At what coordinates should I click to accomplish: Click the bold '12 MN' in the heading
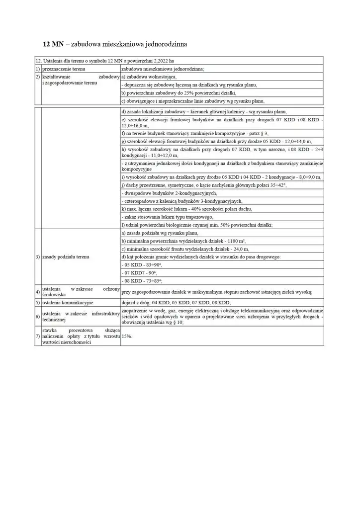tap(53, 44)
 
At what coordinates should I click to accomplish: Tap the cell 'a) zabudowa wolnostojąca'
tap(149, 77)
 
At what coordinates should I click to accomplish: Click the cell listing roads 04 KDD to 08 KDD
tap(176, 302)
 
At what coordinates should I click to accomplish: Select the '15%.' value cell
tap(127, 336)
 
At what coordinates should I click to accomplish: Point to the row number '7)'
tap(38, 336)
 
